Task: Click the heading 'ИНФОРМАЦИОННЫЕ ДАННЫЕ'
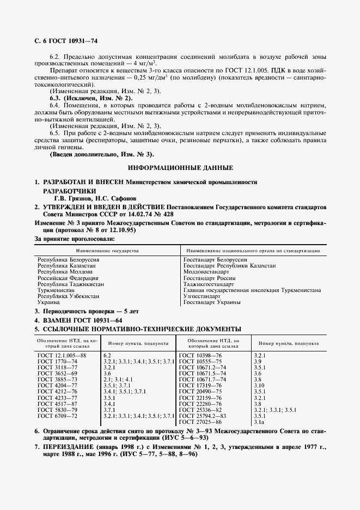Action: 180,167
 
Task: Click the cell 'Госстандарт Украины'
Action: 212,302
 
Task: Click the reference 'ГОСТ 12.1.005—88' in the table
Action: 61,355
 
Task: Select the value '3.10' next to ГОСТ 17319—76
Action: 259,385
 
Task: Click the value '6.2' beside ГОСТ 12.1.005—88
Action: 107,355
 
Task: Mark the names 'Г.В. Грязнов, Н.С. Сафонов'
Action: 95,198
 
